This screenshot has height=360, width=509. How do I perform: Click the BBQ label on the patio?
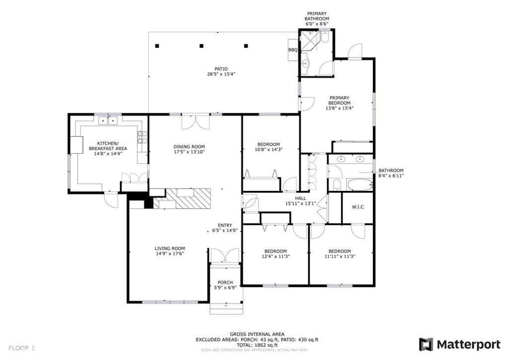click(x=293, y=50)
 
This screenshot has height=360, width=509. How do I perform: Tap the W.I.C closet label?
click(x=358, y=207)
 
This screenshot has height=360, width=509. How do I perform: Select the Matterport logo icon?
click(x=426, y=345)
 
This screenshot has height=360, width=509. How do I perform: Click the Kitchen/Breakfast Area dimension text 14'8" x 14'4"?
click(x=108, y=154)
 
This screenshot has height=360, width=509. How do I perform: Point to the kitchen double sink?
click(x=108, y=121)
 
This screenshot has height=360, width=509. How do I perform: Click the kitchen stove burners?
click(x=142, y=137)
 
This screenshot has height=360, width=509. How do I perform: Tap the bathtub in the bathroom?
click(x=360, y=185)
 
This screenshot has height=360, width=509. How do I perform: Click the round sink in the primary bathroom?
click(x=306, y=64)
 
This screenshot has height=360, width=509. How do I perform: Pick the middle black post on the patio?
click(x=201, y=46)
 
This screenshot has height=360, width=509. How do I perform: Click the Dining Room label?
click(x=189, y=147)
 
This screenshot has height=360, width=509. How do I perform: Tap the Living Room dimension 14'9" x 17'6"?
click(x=170, y=254)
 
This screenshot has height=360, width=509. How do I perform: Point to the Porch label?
click(x=225, y=282)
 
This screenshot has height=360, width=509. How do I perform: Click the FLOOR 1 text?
click(x=21, y=348)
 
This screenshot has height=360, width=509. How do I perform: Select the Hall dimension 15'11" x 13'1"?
click(x=301, y=203)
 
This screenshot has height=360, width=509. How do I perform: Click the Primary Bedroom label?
click(x=339, y=100)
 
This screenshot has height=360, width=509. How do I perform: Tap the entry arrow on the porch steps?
click(x=226, y=305)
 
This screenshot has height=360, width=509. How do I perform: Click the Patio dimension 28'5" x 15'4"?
click(x=221, y=74)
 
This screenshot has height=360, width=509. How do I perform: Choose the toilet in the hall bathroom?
click(x=338, y=184)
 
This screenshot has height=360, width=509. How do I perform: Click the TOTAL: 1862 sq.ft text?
click(x=257, y=345)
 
